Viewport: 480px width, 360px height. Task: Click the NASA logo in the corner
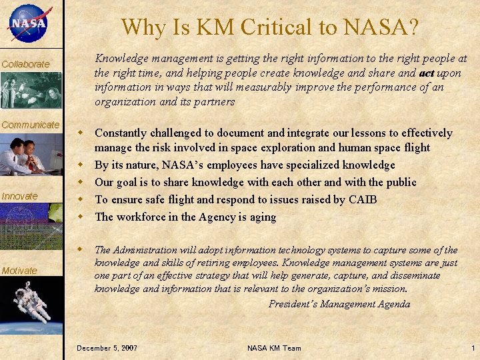pos(28,23)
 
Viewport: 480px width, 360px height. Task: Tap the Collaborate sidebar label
pos(25,64)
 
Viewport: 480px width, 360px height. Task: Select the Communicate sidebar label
pos(30,125)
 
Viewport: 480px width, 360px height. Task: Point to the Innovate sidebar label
pos(20,195)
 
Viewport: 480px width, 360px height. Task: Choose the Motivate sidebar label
pos(19,270)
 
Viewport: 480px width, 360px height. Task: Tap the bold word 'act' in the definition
pos(428,73)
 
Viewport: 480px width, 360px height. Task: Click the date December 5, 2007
pos(107,348)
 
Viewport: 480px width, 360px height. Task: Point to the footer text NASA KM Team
pos(274,348)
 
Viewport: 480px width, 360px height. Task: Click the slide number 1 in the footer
pos(473,348)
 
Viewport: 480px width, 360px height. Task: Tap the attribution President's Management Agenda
pos(339,304)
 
